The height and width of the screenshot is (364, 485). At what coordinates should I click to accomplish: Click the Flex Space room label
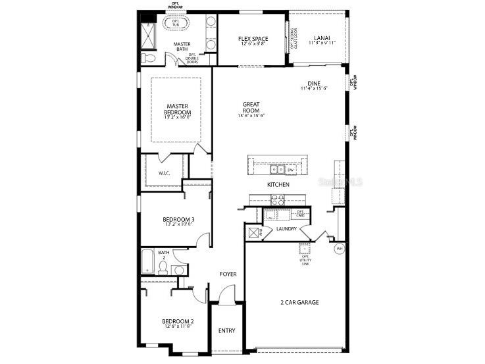tap(253, 39)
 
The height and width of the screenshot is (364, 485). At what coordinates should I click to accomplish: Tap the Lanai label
tap(322, 38)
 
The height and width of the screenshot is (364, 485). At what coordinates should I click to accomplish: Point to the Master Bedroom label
tap(178, 109)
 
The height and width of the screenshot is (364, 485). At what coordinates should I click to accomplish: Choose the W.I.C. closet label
tap(165, 174)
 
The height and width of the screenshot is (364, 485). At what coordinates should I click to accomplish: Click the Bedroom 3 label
tap(178, 219)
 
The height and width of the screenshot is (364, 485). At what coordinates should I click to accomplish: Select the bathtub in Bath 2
tap(147, 263)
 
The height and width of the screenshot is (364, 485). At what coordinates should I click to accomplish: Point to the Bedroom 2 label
tap(178, 322)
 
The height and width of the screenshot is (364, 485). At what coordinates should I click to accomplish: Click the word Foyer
tap(228, 274)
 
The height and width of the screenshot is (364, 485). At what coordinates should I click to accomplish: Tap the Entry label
tap(226, 330)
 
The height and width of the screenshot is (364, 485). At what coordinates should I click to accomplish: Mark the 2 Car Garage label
tap(299, 302)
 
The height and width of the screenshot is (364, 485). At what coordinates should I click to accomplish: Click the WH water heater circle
tap(340, 249)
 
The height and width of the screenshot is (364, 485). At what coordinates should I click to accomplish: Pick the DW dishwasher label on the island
tap(290, 169)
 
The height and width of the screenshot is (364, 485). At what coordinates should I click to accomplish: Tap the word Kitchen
tap(278, 185)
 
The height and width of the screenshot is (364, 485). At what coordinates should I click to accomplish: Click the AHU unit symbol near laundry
tap(253, 232)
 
